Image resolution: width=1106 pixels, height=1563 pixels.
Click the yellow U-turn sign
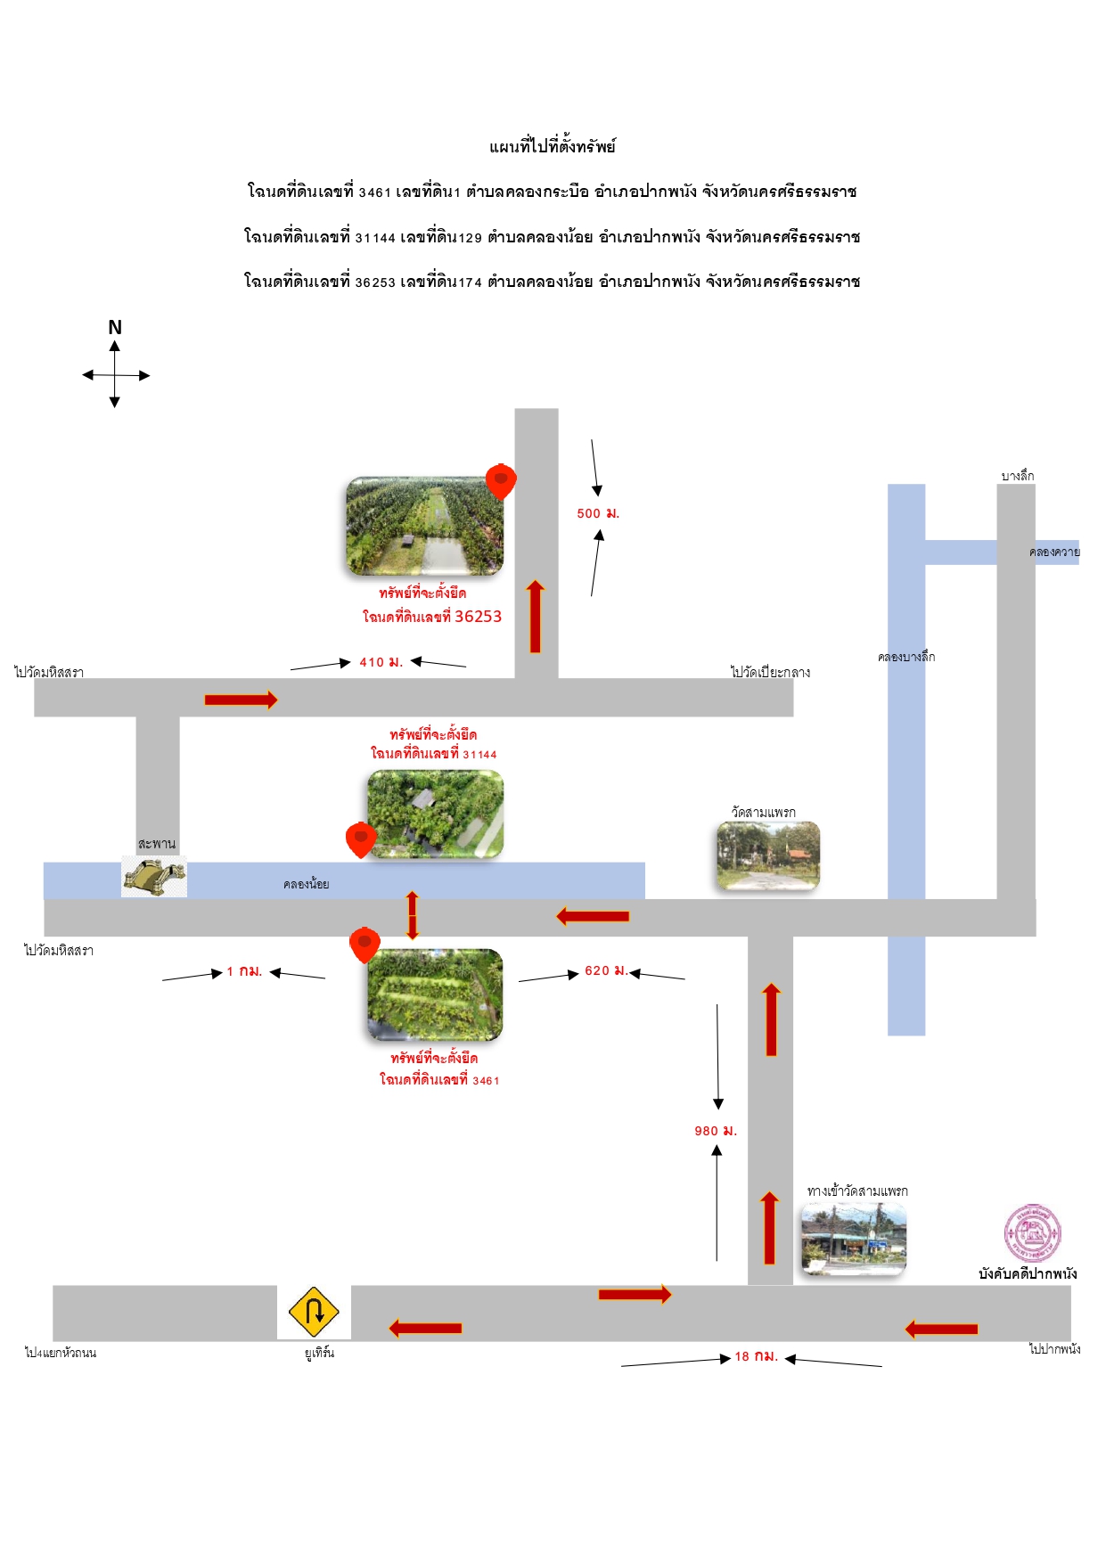314,1312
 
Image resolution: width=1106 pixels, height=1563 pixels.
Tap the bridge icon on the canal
154,876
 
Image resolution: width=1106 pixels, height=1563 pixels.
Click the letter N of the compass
115,327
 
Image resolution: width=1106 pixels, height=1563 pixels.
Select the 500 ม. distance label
598,513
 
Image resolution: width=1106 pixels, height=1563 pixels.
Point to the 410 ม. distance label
381,662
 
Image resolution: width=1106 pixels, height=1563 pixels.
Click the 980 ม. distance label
716,1131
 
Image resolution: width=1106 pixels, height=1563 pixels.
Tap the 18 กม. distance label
757,1356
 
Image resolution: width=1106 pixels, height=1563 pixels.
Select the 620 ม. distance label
606,970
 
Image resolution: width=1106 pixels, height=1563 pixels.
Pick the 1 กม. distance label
244,971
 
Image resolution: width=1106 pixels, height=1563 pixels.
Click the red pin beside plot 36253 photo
501,481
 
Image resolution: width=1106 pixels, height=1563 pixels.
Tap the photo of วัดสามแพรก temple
767,856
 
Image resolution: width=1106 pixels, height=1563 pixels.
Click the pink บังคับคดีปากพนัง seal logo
1032,1233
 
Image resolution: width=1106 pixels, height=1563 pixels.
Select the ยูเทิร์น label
319,1353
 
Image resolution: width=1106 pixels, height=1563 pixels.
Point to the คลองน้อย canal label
307,884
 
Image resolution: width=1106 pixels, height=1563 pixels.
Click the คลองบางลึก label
906,657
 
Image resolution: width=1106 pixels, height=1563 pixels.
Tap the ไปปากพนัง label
1055,1349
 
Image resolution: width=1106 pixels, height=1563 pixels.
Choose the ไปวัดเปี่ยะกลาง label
771,672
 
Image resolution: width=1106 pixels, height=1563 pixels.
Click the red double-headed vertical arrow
412,915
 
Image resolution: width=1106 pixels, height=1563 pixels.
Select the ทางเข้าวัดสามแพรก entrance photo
853,1239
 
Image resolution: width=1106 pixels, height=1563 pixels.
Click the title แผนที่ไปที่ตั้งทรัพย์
553,146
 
